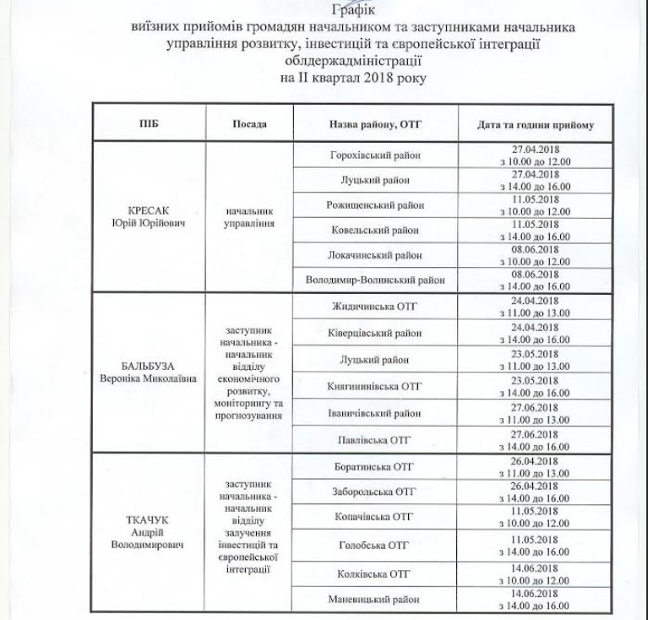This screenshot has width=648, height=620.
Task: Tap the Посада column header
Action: (x=248, y=124)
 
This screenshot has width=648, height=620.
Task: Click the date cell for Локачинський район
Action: (x=535, y=255)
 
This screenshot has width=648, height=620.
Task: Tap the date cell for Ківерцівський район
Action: (x=535, y=333)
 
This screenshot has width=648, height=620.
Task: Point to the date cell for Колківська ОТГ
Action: (x=535, y=574)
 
